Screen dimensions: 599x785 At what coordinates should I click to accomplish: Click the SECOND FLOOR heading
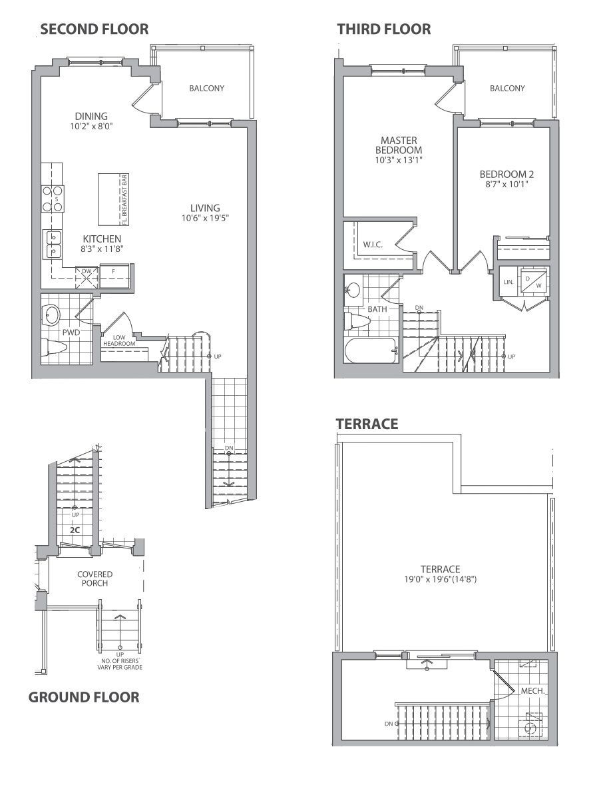[x=94, y=29]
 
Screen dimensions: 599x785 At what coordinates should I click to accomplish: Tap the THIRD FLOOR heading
[x=383, y=29]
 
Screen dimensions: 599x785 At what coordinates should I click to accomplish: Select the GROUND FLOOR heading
[x=83, y=697]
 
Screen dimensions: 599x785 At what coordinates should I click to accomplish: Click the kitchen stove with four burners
[x=53, y=199]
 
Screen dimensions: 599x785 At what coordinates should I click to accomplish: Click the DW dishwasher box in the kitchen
[x=87, y=277]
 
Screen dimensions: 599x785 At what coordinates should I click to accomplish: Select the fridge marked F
[x=114, y=276]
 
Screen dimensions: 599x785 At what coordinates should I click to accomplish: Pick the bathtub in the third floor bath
[x=371, y=351]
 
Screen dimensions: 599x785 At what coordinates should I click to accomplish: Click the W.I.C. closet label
[x=373, y=245]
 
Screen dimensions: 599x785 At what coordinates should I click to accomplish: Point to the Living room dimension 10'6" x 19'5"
[x=205, y=219]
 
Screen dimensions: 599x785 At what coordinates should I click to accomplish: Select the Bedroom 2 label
[x=506, y=174]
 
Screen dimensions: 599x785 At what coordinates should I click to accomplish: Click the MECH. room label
[x=532, y=691]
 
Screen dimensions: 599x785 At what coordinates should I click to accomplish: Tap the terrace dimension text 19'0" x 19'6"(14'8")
[x=440, y=580]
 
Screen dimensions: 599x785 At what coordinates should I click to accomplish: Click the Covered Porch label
[x=95, y=578]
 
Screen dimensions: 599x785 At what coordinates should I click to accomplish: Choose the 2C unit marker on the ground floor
[x=75, y=530]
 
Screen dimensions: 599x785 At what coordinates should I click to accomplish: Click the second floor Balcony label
[x=206, y=88]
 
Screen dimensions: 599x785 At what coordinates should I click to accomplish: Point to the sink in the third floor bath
[x=354, y=289]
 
